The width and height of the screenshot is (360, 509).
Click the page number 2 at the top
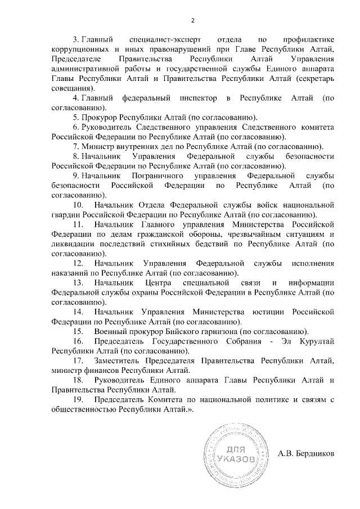pyautogui.click(x=192, y=21)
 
